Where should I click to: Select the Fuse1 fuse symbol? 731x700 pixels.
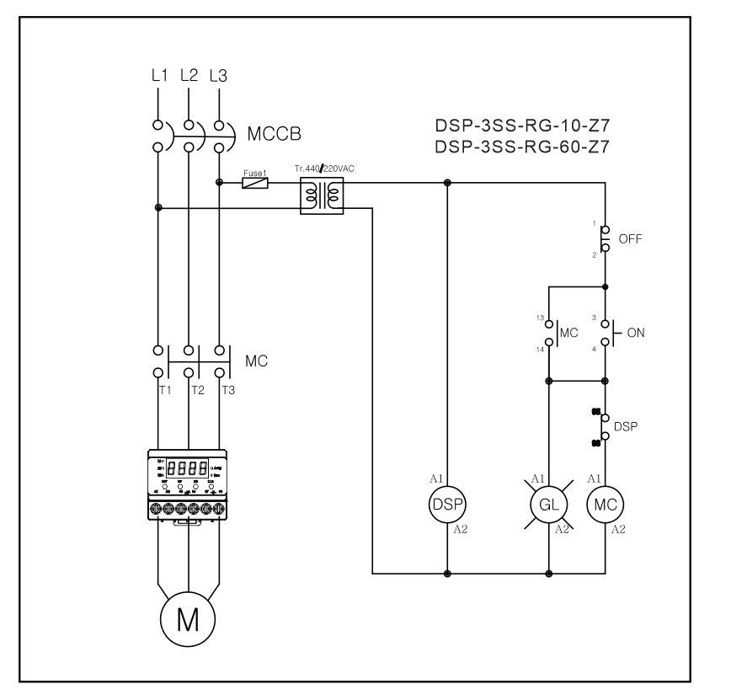tap(254, 182)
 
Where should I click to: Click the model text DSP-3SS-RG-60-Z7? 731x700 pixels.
tap(522, 147)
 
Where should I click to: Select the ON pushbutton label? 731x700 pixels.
tap(636, 332)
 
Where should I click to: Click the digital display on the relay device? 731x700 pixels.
tap(187, 468)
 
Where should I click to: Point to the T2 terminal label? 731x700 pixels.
tap(197, 390)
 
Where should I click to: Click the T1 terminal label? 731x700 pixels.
tap(166, 390)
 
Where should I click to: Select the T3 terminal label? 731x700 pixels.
tap(228, 390)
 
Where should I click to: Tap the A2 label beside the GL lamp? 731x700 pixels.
tap(561, 530)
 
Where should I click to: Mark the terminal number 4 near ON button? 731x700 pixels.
tap(594, 349)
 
